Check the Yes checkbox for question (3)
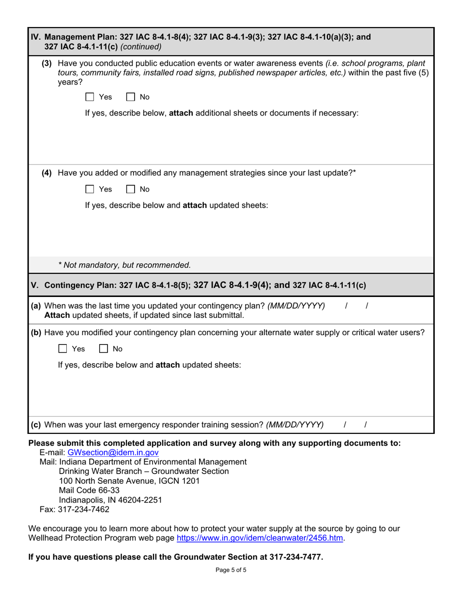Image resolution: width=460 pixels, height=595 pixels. coord(90,97)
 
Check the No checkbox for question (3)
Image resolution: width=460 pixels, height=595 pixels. coord(130,97)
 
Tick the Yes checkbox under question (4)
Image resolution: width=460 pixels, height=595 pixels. coord(90,189)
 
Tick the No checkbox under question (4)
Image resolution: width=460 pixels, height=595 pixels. coord(130,189)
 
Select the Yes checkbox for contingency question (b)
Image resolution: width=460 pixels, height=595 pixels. coord(62,349)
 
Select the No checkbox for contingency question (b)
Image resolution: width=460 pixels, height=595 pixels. coord(103,349)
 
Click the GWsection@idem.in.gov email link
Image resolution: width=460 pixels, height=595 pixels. coord(113,453)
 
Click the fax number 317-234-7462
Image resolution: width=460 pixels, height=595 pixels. coord(83,509)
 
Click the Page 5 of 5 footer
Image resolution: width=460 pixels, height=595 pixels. coord(231,570)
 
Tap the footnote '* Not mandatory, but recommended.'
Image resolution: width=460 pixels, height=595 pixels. coord(124,265)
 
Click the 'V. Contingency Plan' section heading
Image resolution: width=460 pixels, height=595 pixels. coord(198,285)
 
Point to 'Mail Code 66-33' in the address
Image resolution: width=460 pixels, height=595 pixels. coord(89,491)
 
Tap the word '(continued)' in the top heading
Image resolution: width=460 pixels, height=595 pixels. coord(141,47)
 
